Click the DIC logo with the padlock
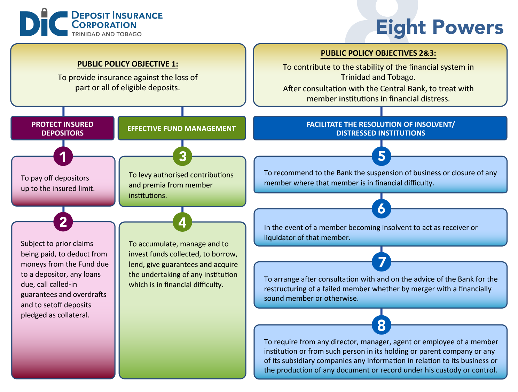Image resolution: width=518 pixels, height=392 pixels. tap(44, 23)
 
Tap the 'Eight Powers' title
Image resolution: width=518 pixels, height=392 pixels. tap(439, 27)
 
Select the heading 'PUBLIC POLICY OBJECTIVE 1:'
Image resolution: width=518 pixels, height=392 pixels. tap(127, 64)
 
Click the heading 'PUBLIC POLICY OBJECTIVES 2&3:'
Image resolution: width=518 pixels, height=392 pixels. tap(378, 53)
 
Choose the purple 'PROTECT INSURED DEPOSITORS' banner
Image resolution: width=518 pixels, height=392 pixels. tap(63, 129)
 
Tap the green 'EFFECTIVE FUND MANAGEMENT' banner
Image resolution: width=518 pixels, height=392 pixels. tap(181, 129)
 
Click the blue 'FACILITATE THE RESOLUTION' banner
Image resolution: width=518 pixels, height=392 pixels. tap(380, 129)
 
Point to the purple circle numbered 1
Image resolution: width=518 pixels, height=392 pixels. tap(63, 156)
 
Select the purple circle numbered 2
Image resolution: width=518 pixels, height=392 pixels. tap(63, 222)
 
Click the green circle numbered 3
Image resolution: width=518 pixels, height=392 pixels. tap(182, 156)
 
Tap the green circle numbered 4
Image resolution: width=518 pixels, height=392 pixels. tap(182, 222)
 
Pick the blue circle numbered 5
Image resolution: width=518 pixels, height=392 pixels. tap(381, 156)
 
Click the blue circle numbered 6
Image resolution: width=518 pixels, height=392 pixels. tap(381, 208)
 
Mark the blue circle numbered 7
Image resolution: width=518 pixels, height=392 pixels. tap(382, 262)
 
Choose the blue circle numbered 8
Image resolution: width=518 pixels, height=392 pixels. tap(381, 325)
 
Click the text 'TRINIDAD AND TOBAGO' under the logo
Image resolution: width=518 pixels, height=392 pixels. tap(107, 34)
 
